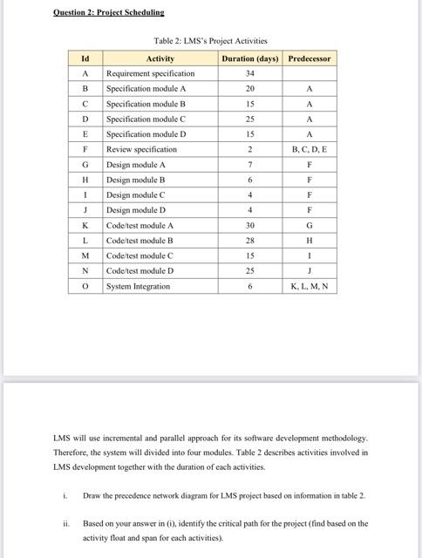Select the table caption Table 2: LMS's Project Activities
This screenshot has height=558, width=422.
(x=210, y=41)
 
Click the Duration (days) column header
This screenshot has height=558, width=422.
(x=250, y=58)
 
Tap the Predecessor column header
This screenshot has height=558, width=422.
(x=310, y=58)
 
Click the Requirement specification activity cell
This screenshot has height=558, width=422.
(x=150, y=73)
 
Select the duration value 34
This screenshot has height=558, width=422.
(x=250, y=73)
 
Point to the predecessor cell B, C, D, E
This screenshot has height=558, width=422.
(x=310, y=149)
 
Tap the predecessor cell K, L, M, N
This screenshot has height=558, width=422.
(x=310, y=286)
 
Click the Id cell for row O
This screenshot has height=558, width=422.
(x=85, y=286)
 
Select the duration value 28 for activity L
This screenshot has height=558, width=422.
(x=250, y=240)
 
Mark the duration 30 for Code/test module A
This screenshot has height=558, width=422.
(x=250, y=225)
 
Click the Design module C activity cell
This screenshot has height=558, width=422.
(x=135, y=194)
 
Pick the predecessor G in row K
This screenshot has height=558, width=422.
(x=310, y=225)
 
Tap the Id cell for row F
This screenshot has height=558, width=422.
(x=85, y=149)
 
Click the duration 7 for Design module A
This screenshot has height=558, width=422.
(x=250, y=164)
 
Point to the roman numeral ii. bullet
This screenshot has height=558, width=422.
(x=65, y=524)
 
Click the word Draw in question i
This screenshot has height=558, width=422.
(x=92, y=495)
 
